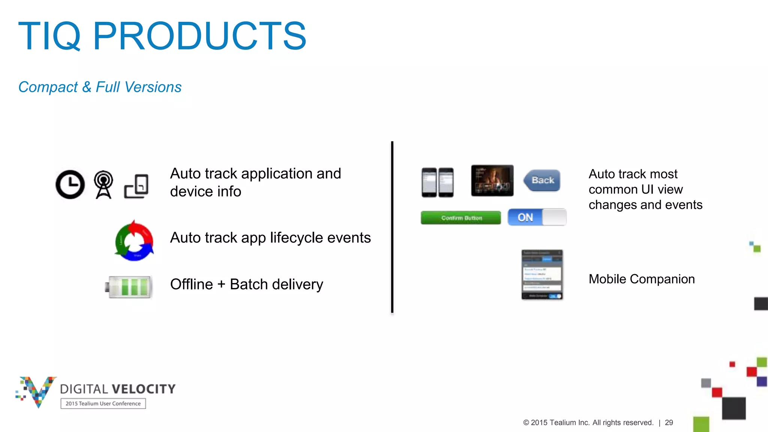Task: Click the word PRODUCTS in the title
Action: pyautogui.click(x=199, y=36)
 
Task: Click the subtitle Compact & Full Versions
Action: pyautogui.click(x=100, y=87)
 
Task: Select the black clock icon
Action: pyautogui.click(x=70, y=184)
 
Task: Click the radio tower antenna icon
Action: pyautogui.click(x=103, y=184)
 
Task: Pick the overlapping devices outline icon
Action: pyautogui.click(x=136, y=186)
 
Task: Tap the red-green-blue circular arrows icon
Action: pyautogui.click(x=134, y=241)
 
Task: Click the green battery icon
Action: pyautogui.click(x=129, y=287)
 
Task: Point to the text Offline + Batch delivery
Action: pyautogui.click(x=246, y=284)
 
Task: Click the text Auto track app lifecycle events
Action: pyautogui.click(x=270, y=238)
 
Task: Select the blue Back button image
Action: pyautogui.click(x=542, y=180)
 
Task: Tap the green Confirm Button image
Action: pyautogui.click(x=461, y=218)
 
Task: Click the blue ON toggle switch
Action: pyautogui.click(x=537, y=217)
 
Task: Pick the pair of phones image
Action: pyautogui.click(x=438, y=182)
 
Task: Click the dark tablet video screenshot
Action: pyautogui.click(x=492, y=180)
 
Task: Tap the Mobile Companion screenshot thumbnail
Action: pyautogui.click(x=542, y=274)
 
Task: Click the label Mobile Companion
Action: pyautogui.click(x=642, y=279)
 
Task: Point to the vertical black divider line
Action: pyautogui.click(x=392, y=227)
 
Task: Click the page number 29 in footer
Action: pyautogui.click(x=669, y=423)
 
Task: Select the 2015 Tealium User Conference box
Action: pyautogui.click(x=103, y=403)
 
